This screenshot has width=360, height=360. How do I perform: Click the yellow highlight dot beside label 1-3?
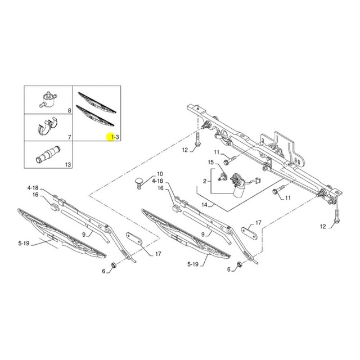coord(110,137)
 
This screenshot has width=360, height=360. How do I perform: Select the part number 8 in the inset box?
coord(69,111)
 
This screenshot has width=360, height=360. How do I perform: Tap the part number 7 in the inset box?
coord(69,137)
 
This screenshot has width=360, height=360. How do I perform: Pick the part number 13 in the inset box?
coord(68,165)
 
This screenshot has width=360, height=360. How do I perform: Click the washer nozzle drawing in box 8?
coord(48,100)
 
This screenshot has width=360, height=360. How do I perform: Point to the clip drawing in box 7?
coord(47,126)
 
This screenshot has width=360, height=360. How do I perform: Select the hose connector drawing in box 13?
coord(48,154)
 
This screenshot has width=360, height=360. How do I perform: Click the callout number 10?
coord(160,174)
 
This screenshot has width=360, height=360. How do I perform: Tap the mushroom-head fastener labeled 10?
coord(139,183)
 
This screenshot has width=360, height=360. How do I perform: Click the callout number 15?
coord(211,163)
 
